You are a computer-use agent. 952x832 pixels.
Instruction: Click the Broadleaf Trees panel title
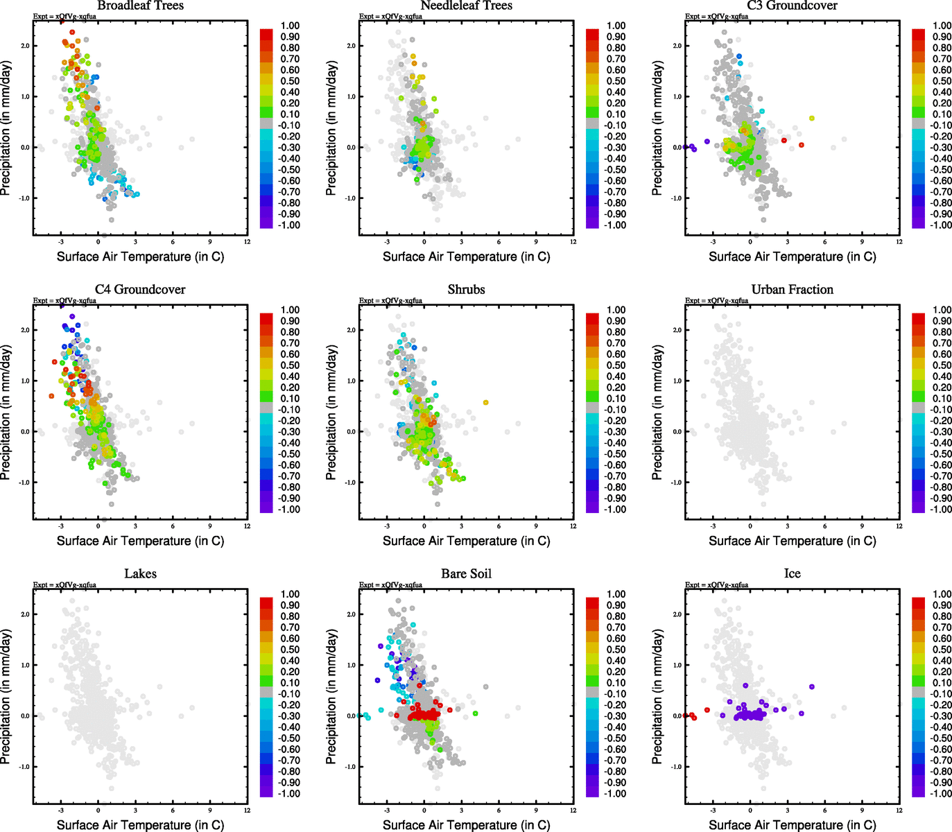(140, 6)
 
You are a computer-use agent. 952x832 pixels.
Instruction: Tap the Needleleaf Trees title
(466, 6)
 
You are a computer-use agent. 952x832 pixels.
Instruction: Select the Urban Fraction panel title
(792, 290)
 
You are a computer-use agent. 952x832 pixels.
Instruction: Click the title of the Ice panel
(792, 574)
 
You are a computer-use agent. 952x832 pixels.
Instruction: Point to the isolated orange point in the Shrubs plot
(485, 403)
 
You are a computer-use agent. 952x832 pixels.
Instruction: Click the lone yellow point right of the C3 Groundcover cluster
(812, 119)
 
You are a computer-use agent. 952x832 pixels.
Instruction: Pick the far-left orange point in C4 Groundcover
(51, 396)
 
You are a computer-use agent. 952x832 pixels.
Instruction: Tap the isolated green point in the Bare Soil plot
(476, 713)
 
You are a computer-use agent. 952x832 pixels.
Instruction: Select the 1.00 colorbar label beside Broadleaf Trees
(290, 26)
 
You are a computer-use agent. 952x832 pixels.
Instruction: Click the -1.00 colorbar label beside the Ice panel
(942, 794)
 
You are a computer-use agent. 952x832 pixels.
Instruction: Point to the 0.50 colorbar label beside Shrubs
(616, 365)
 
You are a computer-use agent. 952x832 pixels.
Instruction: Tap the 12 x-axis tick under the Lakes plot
(248, 811)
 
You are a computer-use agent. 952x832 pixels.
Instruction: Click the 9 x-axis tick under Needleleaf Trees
(536, 242)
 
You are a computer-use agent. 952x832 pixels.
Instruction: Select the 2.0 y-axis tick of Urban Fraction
(677, 330)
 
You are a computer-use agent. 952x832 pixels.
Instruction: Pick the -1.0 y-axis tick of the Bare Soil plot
(351, 767)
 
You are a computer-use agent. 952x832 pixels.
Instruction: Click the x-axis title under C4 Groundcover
(140, 541)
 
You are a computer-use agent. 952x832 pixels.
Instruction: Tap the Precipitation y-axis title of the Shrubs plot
(331, 413)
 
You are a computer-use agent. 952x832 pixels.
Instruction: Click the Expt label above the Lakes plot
(64, 584)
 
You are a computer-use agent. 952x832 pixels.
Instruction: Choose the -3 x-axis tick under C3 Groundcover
(713, 242)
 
